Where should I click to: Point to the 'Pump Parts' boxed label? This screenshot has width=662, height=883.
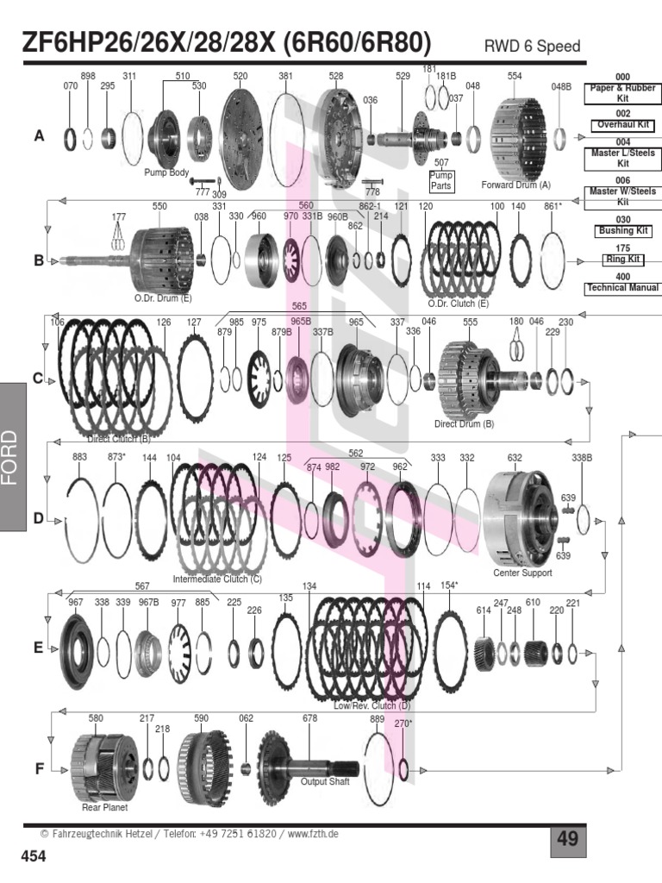(441, 180)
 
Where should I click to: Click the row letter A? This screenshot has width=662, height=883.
(39, 136)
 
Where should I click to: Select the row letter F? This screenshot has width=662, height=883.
(39, 768)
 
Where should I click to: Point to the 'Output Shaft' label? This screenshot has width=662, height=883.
(325, 782)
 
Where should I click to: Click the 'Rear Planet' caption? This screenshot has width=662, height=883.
(103, 808)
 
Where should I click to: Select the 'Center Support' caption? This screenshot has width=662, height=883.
(521, 573)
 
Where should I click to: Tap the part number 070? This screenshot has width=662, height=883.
(71, 86)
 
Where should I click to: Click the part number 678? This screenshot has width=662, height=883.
(309, 718)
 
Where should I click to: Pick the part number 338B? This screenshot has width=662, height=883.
(583, 458)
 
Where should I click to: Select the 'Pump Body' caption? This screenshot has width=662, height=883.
(166, 172)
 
